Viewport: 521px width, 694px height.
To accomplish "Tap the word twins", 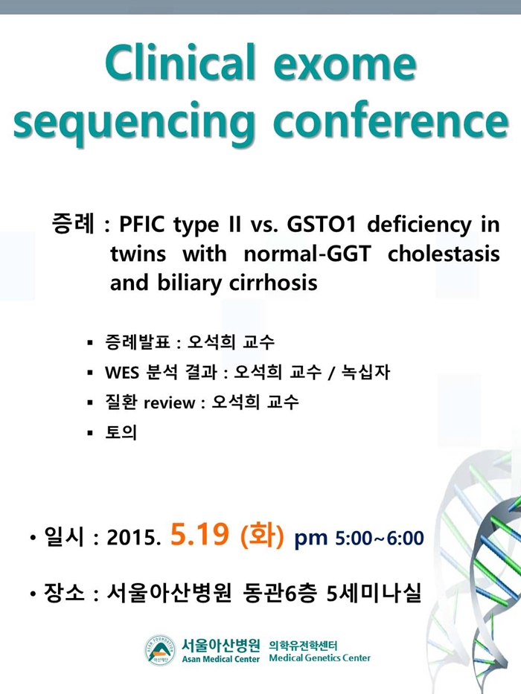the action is tap(138, 254).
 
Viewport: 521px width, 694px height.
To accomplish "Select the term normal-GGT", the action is tap(307, 254).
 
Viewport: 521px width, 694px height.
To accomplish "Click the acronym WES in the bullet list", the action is tap(122, 372).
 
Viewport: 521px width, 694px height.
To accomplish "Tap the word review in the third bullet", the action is tap(169, 402).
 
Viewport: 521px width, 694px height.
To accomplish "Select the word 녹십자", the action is tap(365, 372).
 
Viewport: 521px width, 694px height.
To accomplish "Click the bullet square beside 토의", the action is tap(90, 433).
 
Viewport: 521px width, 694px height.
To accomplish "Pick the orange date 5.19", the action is tap(199, 534).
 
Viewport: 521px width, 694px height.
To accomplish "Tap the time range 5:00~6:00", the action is tap(380, 538).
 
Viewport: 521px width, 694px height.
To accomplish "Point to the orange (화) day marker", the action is tap(261, 535).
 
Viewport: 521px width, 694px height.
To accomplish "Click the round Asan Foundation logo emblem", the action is tap(160, 650).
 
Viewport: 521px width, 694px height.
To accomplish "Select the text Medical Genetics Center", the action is tap(319, 658).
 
